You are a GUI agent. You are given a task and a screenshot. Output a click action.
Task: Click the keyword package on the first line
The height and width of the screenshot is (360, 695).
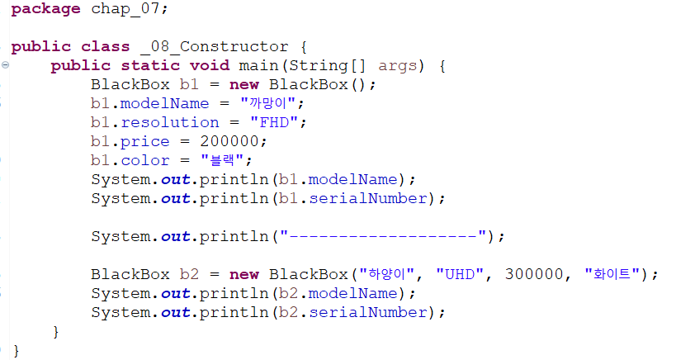pyautogui.click(x=45, y=9)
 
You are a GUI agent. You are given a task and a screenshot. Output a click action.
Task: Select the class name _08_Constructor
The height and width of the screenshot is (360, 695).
pyautogui.click(x=215, y=46)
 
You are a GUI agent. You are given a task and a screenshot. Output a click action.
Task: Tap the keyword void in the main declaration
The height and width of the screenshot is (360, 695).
pyautogui.click(x=210, y=65)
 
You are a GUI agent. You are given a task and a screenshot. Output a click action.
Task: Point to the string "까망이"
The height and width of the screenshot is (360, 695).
pyautogui.click(x=268, y=103)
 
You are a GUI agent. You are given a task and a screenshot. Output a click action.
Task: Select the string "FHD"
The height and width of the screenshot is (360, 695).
pyautogui.click(x=274, y=122)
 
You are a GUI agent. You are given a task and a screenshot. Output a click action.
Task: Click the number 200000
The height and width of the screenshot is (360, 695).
pyautogui.click(x=229, y=141)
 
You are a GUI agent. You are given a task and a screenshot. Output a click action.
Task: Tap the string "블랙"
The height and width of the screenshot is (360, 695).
pyautogui.click(x=222, y=160)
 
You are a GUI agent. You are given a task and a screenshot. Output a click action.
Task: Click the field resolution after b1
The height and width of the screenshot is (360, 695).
pyautogui.click(x=170, y=122)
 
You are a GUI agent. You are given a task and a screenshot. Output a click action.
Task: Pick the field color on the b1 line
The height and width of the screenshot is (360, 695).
pyautogui.click(x=145, y=160)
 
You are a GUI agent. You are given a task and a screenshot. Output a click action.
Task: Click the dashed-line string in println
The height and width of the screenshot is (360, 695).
pyautogui.click(x=383, y=236)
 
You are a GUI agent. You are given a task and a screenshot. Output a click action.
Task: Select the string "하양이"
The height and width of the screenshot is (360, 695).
pyautogui.click(x=386, y=274)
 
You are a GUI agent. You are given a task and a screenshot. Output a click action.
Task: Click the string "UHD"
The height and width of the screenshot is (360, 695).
pyautogui.click(x=460, y=274)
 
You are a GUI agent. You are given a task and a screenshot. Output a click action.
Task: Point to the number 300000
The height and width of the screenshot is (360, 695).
pyautogui.click(x=534, y=274)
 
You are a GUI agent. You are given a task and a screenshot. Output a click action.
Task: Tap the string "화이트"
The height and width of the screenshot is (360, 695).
pyautogui.click(x=612, y=274)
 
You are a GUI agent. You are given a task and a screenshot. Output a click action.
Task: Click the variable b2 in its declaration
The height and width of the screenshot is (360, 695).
pyautogui.click(x=189, y=274)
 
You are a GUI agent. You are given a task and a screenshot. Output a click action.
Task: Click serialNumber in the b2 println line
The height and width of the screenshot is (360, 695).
pyautogui.click(x=368, y=313)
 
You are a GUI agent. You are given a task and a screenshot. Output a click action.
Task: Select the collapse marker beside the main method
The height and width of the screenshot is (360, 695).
pyautogui.click(x=5, y=64)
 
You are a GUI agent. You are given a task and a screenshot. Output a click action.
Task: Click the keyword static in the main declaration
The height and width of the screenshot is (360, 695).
pyautogui.click(x=150, y=65)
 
